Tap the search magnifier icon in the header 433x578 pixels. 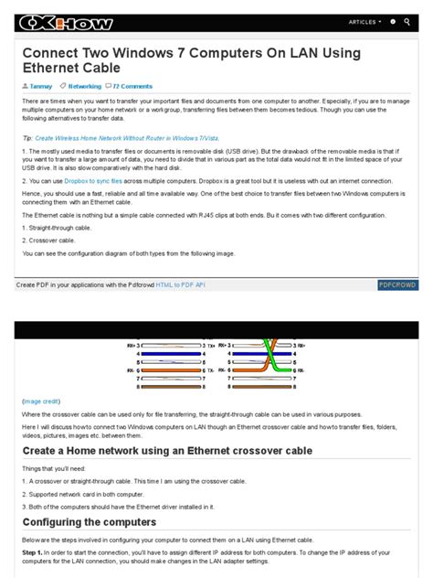point(407,21)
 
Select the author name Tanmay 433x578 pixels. point(40,86)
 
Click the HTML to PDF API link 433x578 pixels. point(180,285)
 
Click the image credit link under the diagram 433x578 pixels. point(41,401)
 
